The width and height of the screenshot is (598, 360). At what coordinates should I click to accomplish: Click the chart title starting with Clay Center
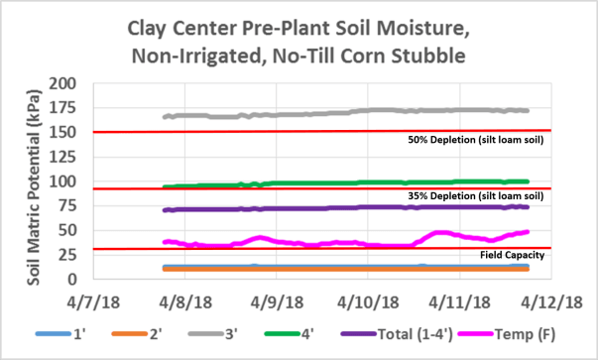[299, 43]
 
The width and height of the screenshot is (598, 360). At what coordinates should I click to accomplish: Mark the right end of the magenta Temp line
[529, 232]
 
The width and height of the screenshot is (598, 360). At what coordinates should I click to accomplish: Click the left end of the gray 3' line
[164, 117]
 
